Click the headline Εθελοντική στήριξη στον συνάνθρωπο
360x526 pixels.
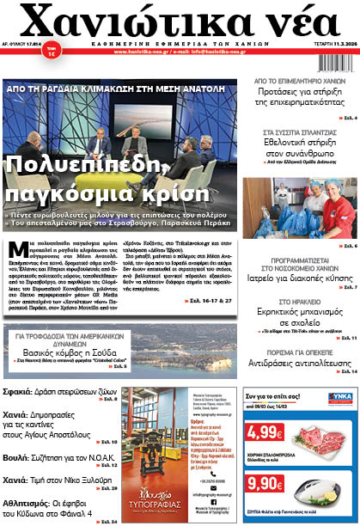pyautogui.click(x=299, y=150)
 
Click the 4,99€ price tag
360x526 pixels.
pyautogui.click(x=261, y=436)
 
